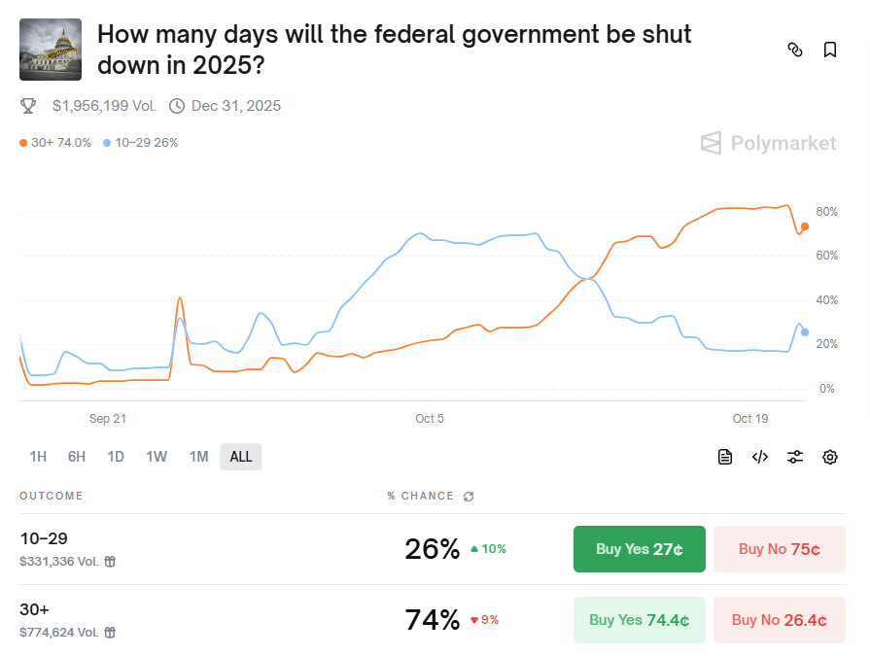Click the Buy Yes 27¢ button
639,549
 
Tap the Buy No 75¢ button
779,549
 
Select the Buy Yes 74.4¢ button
639,620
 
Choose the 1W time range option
157,457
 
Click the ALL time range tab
241,457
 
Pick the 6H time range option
77,457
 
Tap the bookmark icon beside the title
829,50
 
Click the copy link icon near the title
794,50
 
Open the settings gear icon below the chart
829,457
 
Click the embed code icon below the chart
760,457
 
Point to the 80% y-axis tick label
826,212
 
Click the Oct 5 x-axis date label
430,419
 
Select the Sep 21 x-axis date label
107,419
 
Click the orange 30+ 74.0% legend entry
55,143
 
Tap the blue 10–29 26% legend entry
141,143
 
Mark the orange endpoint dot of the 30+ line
804,226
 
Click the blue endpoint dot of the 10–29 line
804,332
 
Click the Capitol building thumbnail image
51,50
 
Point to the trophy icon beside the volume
28,106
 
